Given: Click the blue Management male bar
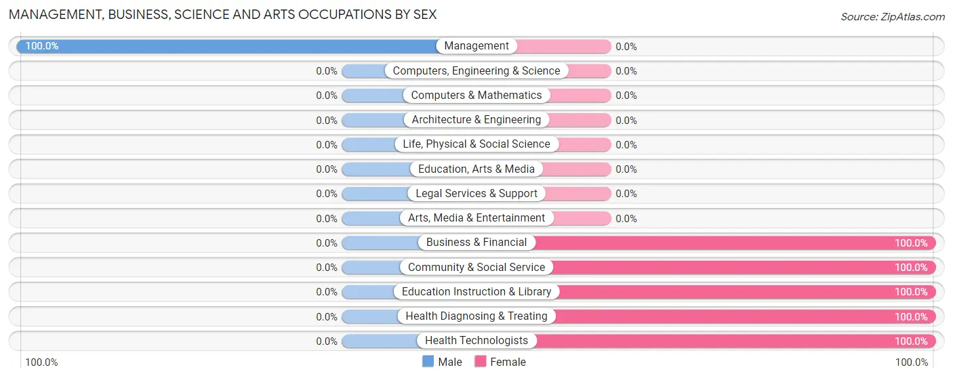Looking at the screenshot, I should (230, 46).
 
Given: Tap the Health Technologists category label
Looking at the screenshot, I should (476, 341).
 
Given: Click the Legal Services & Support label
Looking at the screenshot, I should (476, 194).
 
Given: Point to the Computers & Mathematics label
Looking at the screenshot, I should (476, 96).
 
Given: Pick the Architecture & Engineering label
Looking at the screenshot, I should (476, 120).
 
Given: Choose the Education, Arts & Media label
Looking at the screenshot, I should (476, 169).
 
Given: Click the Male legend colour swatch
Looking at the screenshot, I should (428, 362).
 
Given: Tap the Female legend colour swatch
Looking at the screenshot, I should (481, 362).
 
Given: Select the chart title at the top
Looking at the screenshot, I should (222, 14).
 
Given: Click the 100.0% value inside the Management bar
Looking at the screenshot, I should (42, 46).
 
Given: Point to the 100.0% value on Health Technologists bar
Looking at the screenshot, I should (911, 341).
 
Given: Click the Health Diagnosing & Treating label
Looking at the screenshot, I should (476, 316).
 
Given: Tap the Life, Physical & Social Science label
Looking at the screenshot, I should (476, 144).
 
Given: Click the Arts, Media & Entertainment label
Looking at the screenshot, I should (476, 218).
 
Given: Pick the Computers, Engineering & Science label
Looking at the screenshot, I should (476, 71).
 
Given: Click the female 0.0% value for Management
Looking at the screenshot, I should (626, 47).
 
